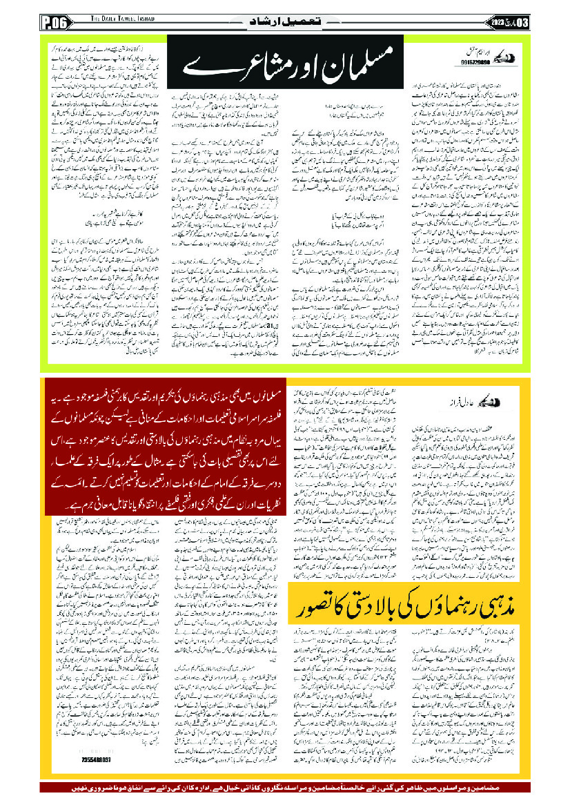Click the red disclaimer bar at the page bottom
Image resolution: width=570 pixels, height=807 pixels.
coord(285,788)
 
